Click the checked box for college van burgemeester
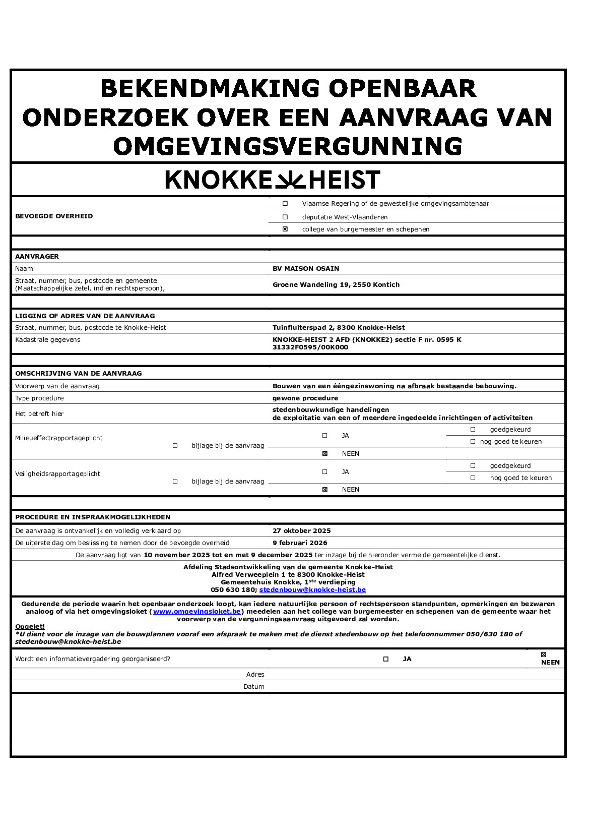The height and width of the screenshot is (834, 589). click(x=285, y=229)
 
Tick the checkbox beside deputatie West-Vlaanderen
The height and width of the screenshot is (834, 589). click(x=285, y=217)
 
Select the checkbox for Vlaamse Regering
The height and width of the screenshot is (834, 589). click(x=285, y=204)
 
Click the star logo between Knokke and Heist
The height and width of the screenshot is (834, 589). click(x=290, y=180)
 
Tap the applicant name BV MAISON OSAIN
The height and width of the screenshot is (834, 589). click(x=306, y=269)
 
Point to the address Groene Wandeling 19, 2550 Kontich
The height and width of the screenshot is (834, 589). click(x=336, y=285)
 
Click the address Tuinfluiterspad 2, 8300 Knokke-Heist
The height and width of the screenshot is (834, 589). click(x=339, y=328)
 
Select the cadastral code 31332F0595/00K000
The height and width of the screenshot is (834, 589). click(x=310, y=347)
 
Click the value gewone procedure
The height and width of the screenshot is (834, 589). click(x=305, y=398)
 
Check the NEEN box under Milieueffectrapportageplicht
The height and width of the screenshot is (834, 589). click(x=325, y=454)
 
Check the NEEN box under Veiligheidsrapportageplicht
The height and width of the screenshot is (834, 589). click(x=325, y=490)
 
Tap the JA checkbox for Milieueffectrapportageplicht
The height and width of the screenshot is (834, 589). click(x=325, y=436)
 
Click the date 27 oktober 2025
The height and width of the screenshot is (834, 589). click(x=302, y=531)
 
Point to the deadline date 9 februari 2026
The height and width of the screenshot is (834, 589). click(x=300, y=543)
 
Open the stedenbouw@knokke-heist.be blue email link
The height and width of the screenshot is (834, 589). click(x=312, y=590)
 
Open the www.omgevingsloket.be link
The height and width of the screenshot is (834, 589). click(x=197, y=612)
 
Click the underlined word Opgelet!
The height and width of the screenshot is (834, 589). click(x=30, y=627)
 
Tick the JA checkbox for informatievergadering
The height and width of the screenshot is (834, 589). click(x=386, y=659)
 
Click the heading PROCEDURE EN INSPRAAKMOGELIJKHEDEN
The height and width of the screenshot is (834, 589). click(x=93, y=517)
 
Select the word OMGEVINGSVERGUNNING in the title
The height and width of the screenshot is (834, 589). click(x=288, y=147)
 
